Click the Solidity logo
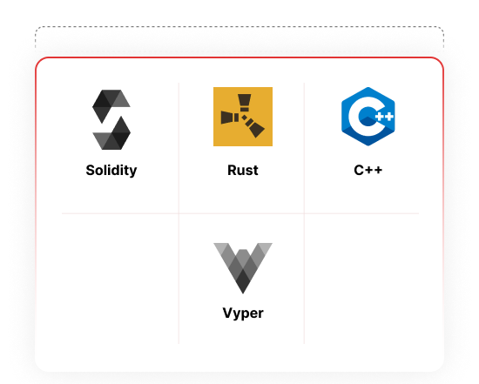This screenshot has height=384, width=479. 111,119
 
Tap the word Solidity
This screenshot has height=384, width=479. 111,170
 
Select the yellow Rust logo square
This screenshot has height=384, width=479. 243,117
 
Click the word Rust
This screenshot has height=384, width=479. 243,170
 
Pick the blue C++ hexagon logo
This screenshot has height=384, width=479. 368,117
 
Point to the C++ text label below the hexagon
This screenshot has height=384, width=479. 368,170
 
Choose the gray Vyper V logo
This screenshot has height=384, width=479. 243,268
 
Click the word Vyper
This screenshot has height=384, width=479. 243,313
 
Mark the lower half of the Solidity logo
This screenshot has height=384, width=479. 111,133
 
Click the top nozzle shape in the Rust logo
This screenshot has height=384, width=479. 245,103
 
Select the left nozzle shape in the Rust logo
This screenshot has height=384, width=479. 230,118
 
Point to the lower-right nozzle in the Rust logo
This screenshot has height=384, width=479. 254,128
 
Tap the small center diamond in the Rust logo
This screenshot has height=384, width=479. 245,118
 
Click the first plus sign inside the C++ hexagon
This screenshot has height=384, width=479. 380,117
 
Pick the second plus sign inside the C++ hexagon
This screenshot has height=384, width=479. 388,117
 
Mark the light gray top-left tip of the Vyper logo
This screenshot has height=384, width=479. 220,246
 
